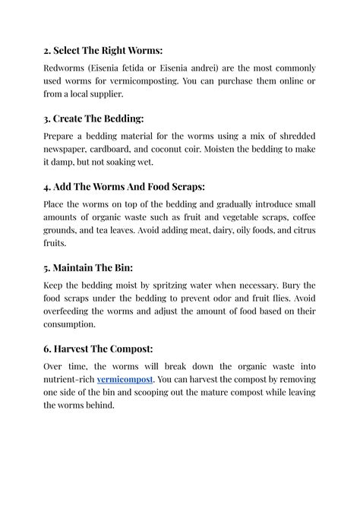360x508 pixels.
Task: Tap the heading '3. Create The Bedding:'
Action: (x=93, y=118)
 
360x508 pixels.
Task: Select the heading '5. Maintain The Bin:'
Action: (x=88, y=268)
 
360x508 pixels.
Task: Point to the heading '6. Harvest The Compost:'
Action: (x=99, y=349)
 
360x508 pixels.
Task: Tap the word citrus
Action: (x=302, y=231)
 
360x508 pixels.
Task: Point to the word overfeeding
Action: (x=73, y=311)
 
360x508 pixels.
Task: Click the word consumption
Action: (x=74, y=324)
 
